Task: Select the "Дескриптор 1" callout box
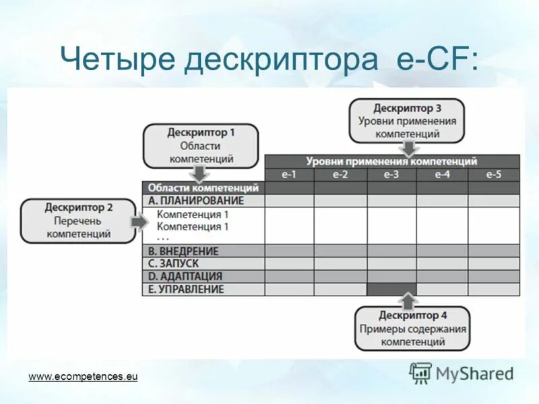click(201, 145)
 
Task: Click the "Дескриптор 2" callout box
click(79, 220)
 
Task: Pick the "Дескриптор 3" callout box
click(407, 121)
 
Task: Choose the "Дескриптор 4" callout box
click(412, 328)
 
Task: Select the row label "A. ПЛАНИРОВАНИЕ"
click(195, 201)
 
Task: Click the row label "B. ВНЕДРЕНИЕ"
click(183, 251)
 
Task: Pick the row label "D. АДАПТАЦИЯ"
click(185, 276)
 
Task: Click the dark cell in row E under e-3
click(391, 289)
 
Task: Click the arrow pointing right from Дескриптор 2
click(138, 222)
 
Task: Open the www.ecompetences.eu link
click(83, 376)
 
